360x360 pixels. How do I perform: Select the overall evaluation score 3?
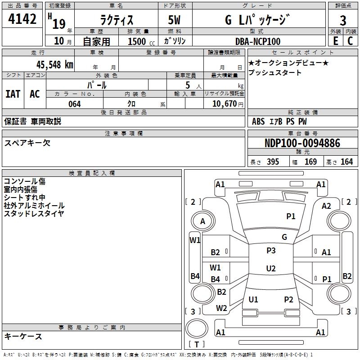[x=343, y=21]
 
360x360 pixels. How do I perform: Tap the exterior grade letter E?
[x=335, y=41]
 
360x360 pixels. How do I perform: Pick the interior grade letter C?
[x=350, y=41]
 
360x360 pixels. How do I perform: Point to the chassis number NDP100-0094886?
[x=302, y=144]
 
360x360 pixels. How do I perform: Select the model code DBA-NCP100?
[x=258, y=41]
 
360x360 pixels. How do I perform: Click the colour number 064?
[x=74, y=104]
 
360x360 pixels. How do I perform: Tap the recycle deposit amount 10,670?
[x=224, y=104]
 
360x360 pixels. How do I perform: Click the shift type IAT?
[x=13, y=94]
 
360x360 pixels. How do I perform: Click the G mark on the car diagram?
[x=284, y=237]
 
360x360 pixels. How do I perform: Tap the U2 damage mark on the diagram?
[x=270, y=269]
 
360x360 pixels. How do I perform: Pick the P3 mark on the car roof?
[x=270, y=251]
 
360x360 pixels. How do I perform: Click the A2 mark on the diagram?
[x=326, y=206]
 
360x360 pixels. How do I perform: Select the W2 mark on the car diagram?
[x=221, y=308]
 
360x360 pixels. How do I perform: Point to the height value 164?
[x=346, y=162]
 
